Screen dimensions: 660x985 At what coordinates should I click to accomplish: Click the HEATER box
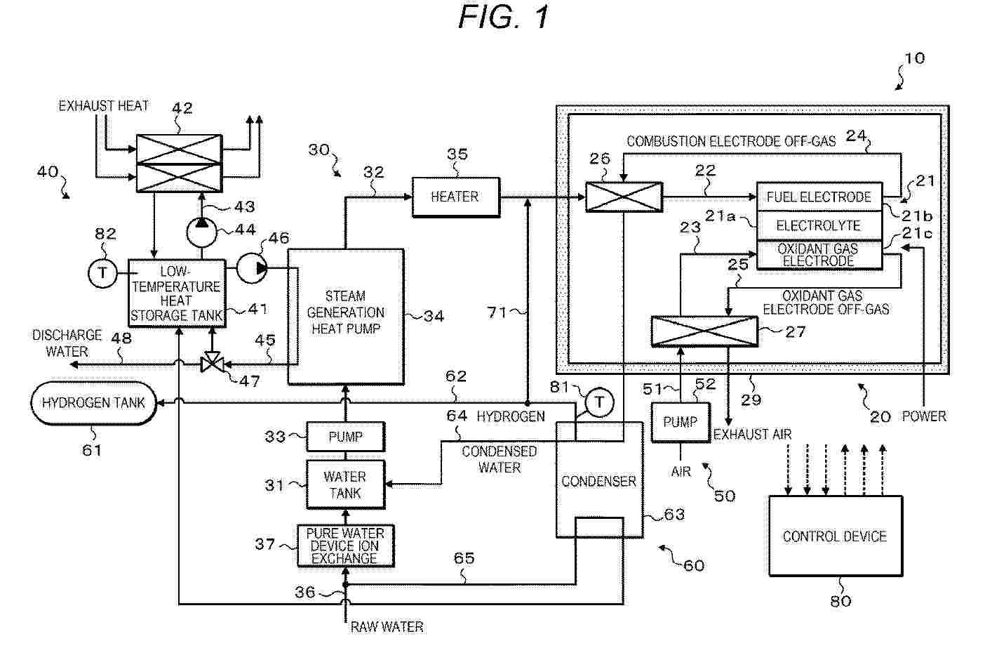pos(455,197)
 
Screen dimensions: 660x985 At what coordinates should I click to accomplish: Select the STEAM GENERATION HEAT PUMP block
pos(345,316)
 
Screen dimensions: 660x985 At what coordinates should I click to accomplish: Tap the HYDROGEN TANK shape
pos(93,403)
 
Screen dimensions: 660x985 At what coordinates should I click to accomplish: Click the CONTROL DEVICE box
pos(835,536)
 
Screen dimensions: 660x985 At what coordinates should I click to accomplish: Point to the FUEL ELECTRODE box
pos(819,197)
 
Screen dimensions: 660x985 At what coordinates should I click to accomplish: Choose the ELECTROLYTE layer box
pos(819,226)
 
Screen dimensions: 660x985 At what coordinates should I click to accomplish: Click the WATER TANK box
pos(345,484)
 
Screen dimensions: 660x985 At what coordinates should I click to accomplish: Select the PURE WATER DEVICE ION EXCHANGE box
pos(344,546)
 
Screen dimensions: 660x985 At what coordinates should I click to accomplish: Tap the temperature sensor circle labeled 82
pos(103,273)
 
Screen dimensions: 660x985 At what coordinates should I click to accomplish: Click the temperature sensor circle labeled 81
pos(599,403)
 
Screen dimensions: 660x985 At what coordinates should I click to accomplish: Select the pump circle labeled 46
pos(251,268)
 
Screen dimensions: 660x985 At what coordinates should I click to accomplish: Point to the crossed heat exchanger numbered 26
pos(624,197)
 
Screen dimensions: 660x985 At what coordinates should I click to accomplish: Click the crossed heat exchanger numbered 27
pos(704,331)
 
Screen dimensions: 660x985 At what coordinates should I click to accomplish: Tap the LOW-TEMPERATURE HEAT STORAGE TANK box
pos(176,293)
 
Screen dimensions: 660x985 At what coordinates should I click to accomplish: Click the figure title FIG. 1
pos(504,18)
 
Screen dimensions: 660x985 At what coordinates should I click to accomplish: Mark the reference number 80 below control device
pos(840,600)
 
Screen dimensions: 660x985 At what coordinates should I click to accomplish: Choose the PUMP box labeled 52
pos(680,422)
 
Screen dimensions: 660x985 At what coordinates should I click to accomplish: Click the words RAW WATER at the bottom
pos(387,627)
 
